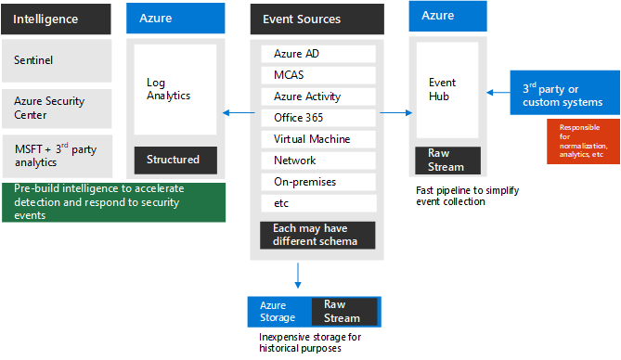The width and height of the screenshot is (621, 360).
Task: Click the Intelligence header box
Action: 57,19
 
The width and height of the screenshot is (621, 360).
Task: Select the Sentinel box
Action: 57,60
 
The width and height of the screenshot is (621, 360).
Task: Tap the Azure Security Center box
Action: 57,108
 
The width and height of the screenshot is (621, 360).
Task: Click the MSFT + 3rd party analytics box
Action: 57,155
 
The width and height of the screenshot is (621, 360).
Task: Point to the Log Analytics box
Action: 175,89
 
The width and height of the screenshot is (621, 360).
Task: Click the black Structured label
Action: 175,160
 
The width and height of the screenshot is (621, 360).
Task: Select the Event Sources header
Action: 317,19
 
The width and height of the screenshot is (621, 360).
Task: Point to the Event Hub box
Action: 447,89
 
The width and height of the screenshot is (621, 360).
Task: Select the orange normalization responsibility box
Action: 583,140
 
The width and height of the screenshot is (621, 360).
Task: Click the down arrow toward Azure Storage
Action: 298,275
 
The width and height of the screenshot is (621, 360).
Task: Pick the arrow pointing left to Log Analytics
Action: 237,113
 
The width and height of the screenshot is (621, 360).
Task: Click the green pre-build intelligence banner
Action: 113,201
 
